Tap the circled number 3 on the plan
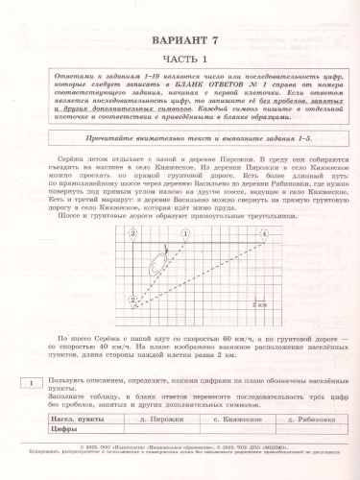tap(132, 233)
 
